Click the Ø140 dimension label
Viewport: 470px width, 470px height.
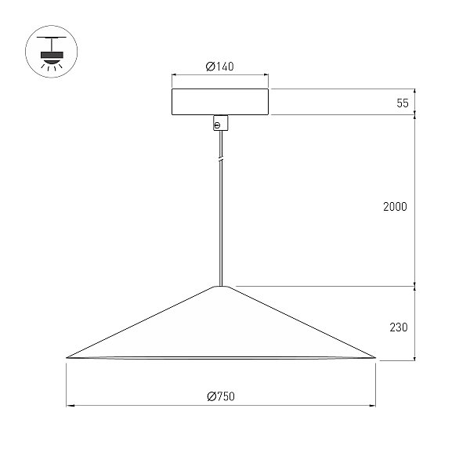tap(219, 67)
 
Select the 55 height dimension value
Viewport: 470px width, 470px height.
tap(403, 103)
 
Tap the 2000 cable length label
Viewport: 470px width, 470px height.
tap(395, 207)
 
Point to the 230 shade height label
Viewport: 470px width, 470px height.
tap(399, 327)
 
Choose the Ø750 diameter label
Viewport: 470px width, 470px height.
tap(221, 396)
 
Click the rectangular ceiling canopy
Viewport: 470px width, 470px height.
tap(220, 102)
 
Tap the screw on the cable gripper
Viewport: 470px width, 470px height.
tap(218, 125)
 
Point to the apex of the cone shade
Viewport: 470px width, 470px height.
tap(221, 286)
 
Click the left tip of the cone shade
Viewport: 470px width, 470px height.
tap(67, 358)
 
